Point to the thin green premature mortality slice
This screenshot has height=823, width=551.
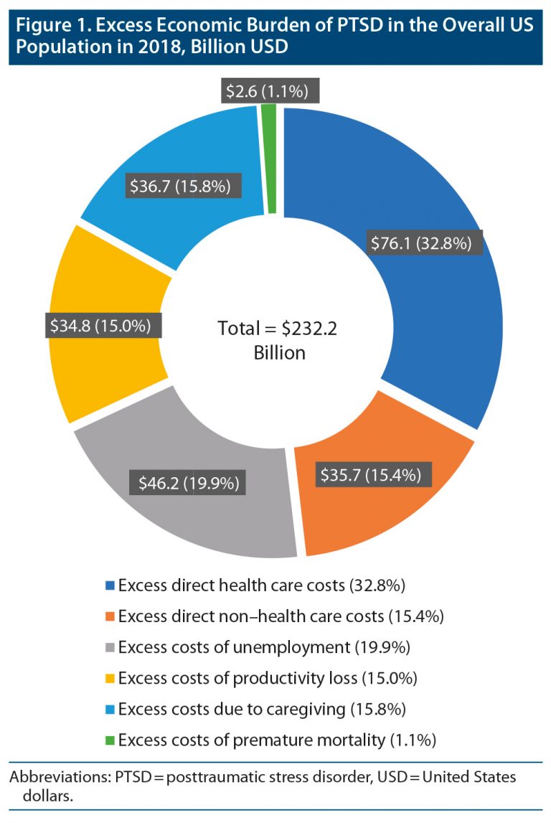click(x=269, y=158)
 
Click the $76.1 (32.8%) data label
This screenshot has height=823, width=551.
click(x=421, y=243)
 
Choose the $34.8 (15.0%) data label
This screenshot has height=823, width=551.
click(x=100, y=325)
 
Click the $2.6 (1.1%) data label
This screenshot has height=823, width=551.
click(x=267, y=92)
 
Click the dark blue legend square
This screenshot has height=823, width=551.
click(x=110, y=586)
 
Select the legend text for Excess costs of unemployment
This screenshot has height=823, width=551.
click(x=264, y=647)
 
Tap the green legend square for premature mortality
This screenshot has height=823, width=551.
click(x=110, y=740)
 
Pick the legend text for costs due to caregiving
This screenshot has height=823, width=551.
click(x=263, y=709)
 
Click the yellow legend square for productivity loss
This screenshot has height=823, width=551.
click(x=110, y=679)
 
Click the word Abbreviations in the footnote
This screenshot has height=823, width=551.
click(x=50, y=778)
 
